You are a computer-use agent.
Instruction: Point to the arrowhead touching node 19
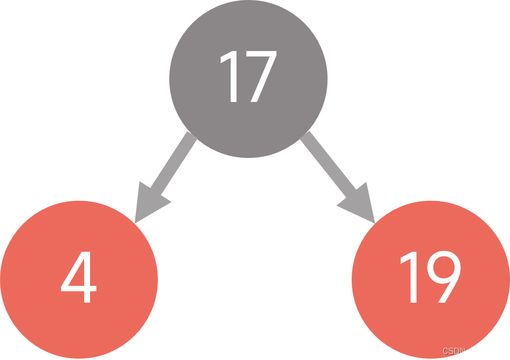point(359,204)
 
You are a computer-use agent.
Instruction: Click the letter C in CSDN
point(445,351)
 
